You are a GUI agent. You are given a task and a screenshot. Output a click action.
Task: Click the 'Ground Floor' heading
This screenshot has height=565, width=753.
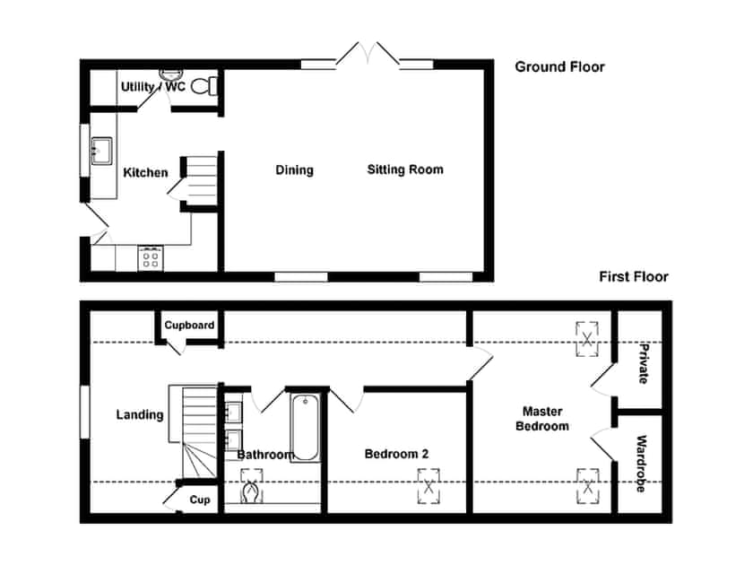559,66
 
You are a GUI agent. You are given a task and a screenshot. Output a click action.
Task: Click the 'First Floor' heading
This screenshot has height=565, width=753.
633,277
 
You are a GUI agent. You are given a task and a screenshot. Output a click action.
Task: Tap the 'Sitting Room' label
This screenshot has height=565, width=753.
404,169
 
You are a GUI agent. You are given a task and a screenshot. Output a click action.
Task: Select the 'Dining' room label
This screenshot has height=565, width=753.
294,169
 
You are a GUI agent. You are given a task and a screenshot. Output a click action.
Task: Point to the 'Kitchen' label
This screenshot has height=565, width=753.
145,172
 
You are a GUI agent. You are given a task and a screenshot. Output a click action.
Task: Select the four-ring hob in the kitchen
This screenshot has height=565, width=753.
149,258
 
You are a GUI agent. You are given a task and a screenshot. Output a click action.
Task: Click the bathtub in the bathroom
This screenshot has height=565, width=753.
305,426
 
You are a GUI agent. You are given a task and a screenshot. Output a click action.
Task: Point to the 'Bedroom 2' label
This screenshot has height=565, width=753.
396,454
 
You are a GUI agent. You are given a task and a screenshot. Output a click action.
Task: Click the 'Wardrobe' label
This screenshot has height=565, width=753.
641,465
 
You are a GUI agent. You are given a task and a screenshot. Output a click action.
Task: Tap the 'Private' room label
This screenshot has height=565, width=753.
642,363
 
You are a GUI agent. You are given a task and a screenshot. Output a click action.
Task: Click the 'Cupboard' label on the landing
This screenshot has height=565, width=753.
189,325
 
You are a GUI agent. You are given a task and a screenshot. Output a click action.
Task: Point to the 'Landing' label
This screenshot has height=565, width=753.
140,414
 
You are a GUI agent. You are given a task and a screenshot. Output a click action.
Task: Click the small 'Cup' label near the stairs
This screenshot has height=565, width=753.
201,500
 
